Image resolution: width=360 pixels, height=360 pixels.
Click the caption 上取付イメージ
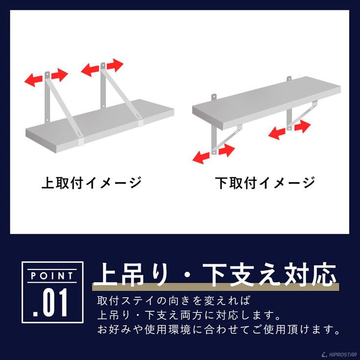(x=92, y=183)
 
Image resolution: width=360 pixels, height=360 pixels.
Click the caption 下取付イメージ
(x=265, y=183)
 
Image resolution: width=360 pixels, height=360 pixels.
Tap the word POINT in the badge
(x=52, y=276)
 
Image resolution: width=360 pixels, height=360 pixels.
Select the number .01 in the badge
(x=50, y=302)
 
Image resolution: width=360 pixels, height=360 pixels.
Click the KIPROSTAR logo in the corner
(x=339, y=355)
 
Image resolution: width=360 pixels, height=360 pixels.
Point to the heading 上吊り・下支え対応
(x=216, y=275)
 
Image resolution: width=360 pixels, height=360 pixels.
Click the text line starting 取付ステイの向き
(x=173, y=301)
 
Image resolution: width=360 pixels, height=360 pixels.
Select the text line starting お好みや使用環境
(x=218, y=330)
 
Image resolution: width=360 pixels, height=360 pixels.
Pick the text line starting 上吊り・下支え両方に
(x=189, y=315)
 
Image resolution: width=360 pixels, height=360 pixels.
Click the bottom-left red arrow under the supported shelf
(x=201, y=158)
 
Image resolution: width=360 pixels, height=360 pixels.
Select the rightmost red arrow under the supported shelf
(x=302, y=127)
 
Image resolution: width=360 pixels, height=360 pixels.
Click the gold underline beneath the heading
(x=216, y=287)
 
